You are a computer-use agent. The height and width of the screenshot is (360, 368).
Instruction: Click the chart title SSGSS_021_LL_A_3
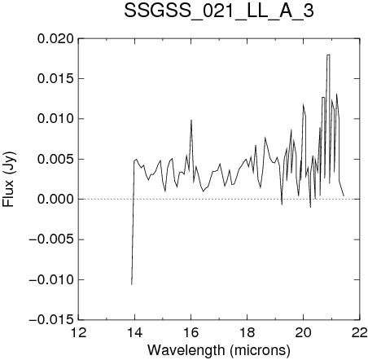pyautogui.click(x=219, y=11)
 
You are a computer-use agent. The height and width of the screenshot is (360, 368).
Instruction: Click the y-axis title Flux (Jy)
pyautogui.click(x=9, y=179)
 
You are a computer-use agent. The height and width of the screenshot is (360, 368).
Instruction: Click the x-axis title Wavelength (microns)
pyautogui.click(x=219, y=350)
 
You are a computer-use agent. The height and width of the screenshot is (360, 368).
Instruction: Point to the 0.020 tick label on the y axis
pyautogui.click(x=55, y=39)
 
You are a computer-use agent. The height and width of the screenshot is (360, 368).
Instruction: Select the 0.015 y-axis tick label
pyautogui.click(x=55, y=79)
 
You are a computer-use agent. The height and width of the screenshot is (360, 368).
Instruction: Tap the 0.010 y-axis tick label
pyautogui.click(x=55, y=119)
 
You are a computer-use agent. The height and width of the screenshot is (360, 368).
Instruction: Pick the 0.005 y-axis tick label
pyautogui.click(x=55, y=159)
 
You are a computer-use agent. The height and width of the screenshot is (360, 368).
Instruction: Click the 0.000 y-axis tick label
pyautogui.click(x=55, y=200)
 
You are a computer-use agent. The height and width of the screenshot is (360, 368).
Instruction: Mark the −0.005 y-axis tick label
pyautogui.click(x=51, y=239)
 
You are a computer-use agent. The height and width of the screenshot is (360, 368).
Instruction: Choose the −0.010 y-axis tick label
pyautogui.click(x=51, y=279)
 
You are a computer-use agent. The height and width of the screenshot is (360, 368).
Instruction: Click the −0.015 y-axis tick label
pyautogui.click(x=51, y=320)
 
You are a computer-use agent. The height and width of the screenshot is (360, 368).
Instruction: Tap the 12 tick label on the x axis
pyautogui.click(x=79, y=332)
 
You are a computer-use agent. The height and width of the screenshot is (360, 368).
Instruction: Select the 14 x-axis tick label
pyautogui.click(x=135, y=332)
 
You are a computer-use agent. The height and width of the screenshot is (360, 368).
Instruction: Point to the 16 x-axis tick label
pyautogui.click(x=191, y=332)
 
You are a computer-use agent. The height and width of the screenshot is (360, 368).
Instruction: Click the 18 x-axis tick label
pyautogui.click(x=247, y=332)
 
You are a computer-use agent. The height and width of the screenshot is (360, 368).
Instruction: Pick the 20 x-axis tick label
pyautogui.click(x=303, y=332)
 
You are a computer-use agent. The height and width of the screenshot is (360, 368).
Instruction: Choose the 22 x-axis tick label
pyautogui.click(x=360, y=332)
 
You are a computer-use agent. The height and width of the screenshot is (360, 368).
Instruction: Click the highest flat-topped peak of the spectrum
pyautogui.click(x=328, y=55)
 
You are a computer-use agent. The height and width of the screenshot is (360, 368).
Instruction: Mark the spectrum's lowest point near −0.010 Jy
pyautogui.click(x=132, y=284)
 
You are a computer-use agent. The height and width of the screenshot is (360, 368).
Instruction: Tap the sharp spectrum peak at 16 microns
pyautogui.click(x=191, y=121)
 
